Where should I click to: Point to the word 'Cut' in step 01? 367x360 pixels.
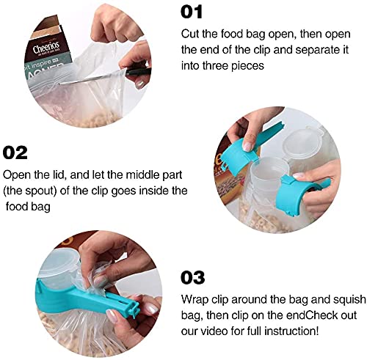click(190, 34)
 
